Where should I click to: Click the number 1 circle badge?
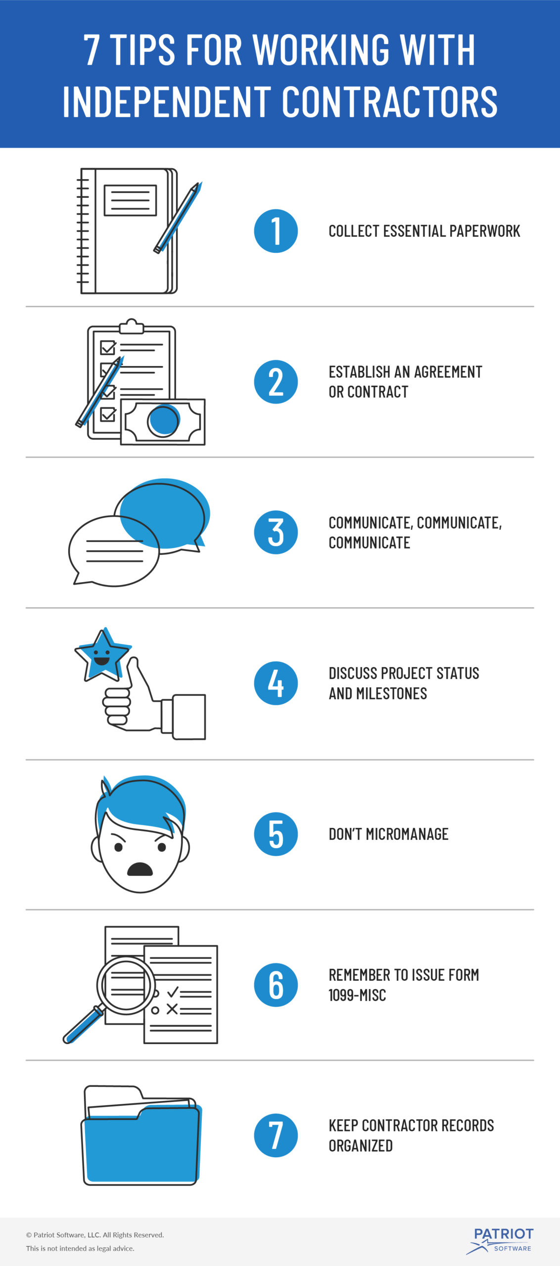pos(276,231)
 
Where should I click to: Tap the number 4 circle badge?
pos(276,683)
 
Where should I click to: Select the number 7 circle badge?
pos(276,1135)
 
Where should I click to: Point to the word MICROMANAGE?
pos(407,834)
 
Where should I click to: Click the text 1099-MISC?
pos(357,995)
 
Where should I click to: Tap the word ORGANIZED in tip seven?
pos(361,1145)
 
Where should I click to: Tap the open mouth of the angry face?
pos(140,869)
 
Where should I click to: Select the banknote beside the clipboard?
pos(163,422)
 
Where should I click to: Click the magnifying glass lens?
pos(126,985)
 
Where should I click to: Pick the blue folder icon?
pos(141,1136)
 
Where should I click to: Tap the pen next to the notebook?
pos(178,218)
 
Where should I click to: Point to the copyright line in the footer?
pos(95,1235)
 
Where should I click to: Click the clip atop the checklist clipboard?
pos(132,326)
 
